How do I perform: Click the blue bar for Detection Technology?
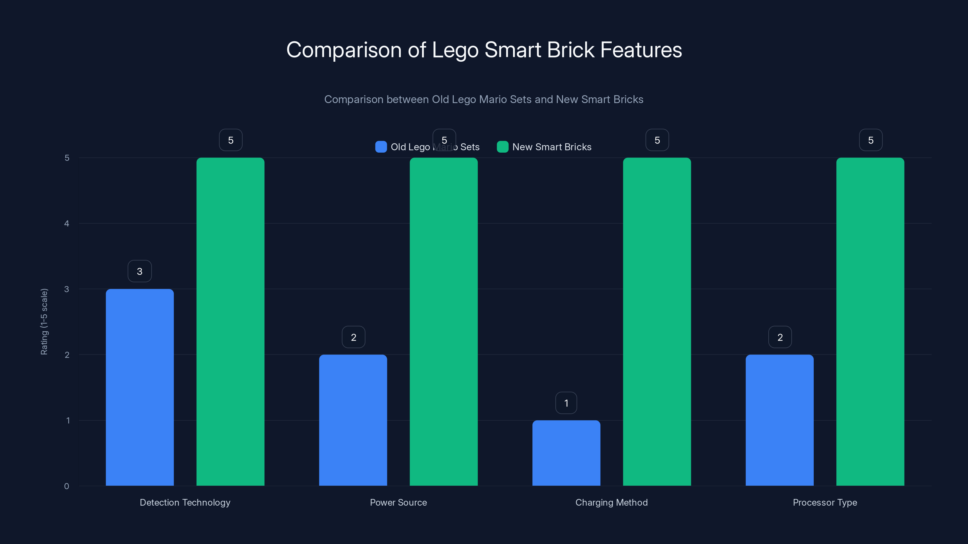click(x=139, y=387)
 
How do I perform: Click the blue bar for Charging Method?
click(x=566, y=453)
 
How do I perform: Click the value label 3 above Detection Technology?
click(x=139, y=271)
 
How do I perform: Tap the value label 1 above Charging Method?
click(x=566, y=403)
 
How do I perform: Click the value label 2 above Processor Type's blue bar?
click(x=780, y=337)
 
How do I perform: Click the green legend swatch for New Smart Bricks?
click(x=502, y=147)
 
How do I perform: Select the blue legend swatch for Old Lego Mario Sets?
click(x=381, y=147)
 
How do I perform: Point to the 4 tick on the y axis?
click(x=67, y=223)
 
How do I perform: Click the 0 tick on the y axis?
click(x=67, y=486)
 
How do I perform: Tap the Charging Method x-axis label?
click(x=611, y=502)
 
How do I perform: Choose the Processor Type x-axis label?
click(x=825, y=502)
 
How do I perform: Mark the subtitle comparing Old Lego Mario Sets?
click(x=484, y=99)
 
